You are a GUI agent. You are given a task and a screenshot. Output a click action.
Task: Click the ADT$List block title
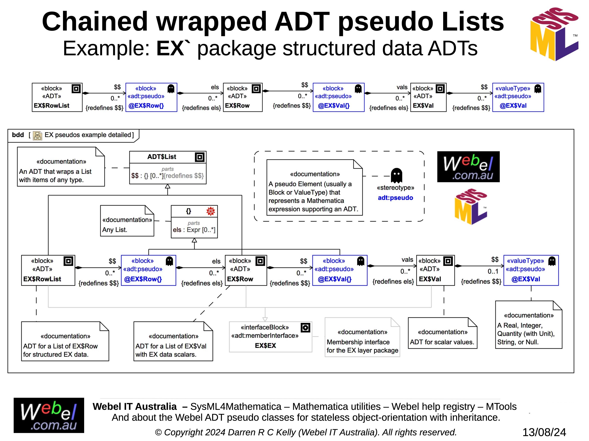pos(162,157)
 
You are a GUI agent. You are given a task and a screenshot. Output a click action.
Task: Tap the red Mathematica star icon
pos(211,211)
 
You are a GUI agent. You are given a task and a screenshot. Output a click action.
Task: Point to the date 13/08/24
pos(544,432)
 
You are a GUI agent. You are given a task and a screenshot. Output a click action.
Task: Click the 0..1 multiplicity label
pos(493,271)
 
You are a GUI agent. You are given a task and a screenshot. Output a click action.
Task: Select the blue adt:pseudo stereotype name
pos(396,198)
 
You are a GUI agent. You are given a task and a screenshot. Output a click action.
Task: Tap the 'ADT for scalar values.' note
pos(442,333)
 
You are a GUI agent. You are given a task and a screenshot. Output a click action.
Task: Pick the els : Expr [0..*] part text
pos(194,230)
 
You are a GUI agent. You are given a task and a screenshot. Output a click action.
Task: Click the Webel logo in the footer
pos(49,415)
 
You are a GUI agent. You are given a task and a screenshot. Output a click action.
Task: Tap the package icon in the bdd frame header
pos(37,135)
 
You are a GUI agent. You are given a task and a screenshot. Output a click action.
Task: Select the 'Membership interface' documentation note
pos(362,337)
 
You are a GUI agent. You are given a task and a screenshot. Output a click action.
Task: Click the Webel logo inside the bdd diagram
pos(468,167)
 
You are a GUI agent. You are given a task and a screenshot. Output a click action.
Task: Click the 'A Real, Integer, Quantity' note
pos(529,325)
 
